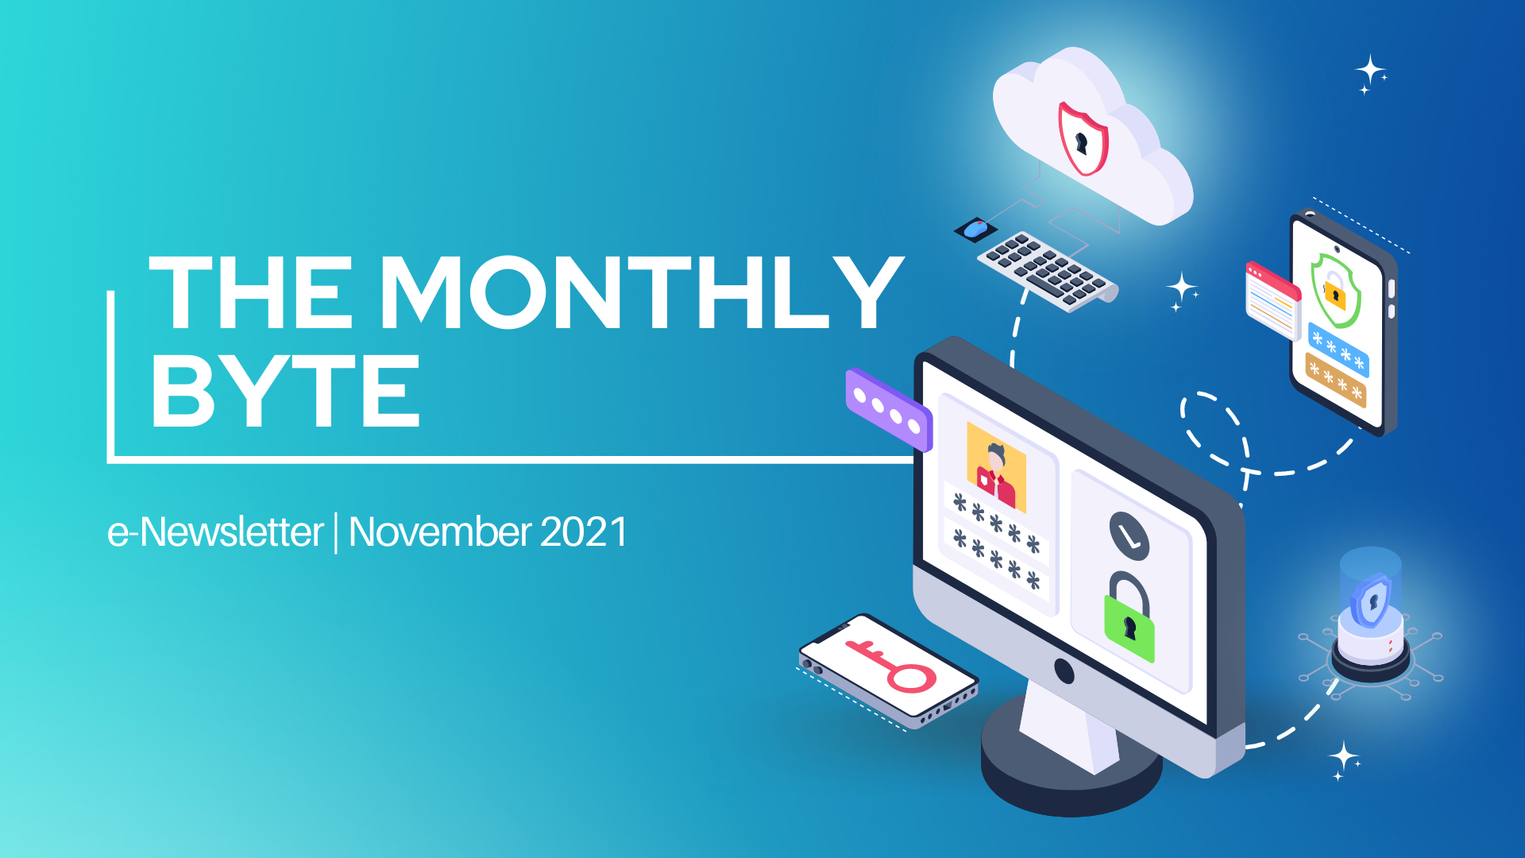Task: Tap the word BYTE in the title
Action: (285, 391)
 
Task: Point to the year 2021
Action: (584, 531)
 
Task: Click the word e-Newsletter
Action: (215, 532)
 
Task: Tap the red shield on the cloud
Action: (1083, 138)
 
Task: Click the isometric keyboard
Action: (1047, 271)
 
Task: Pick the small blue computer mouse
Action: (975, 228)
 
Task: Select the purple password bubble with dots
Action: (889, 409)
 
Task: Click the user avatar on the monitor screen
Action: (996, 467)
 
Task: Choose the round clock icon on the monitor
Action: (1129, 534)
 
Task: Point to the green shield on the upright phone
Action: (1335, 291)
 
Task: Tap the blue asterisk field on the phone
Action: (1338, 350)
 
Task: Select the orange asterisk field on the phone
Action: (1336, 381)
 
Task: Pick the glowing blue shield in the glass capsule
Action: (1372, 600)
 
